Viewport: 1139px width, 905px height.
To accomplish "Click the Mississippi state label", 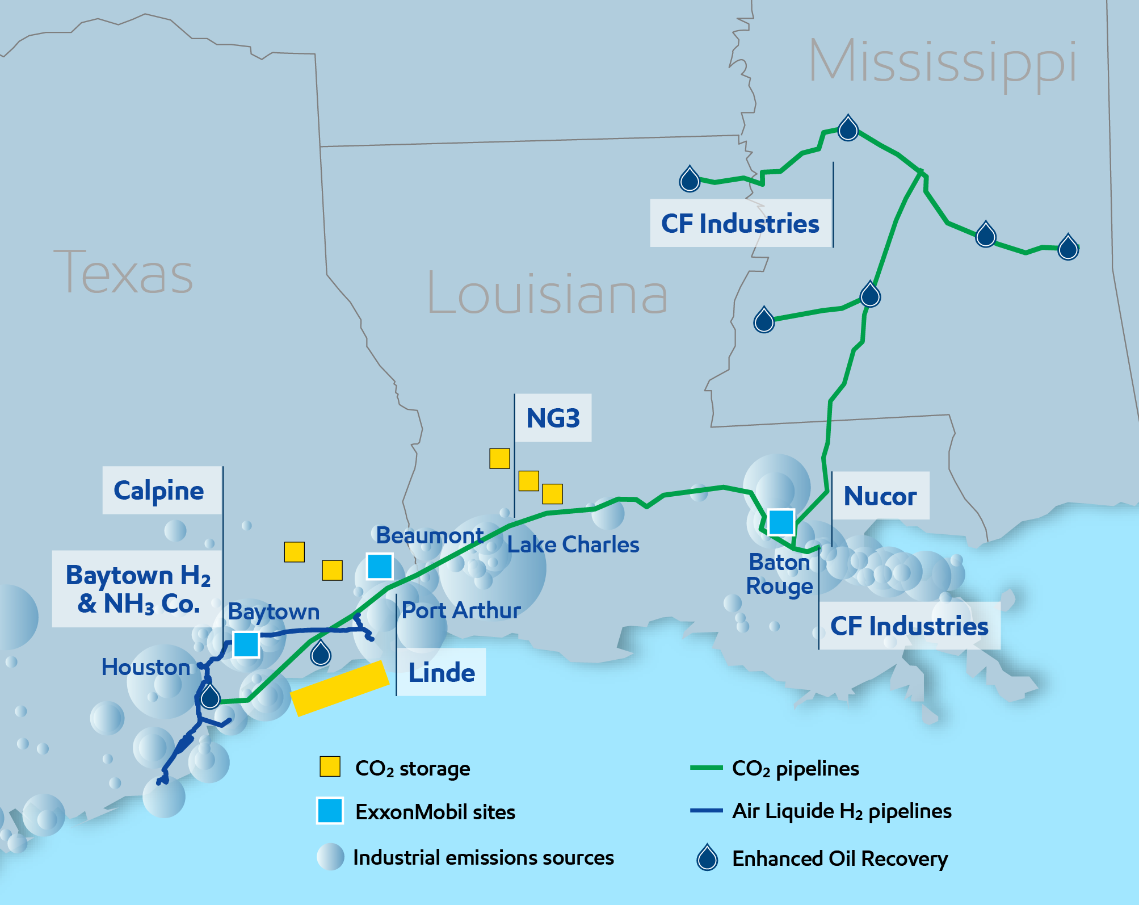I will (942, 61).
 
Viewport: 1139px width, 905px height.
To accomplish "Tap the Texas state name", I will (123, 273).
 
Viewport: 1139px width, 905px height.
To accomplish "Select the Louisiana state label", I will (547, 293).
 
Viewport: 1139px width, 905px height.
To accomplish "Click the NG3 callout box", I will (553, 418).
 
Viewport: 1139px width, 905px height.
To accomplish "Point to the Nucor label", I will (880, 496).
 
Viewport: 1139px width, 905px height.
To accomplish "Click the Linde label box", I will (442, 672).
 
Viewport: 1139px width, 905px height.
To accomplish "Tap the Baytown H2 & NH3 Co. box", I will (137, 589).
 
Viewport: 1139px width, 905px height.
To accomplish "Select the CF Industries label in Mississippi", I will (740, 223).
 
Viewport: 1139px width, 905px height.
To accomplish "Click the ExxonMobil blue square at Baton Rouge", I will (781, 522).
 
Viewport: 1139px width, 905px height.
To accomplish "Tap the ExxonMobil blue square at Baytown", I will (246, 644).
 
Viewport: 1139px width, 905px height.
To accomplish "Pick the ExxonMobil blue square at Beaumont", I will (380, 566).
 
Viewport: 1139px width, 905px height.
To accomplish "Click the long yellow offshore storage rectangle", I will (339, 688).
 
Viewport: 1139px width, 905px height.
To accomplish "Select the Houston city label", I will (146, 667).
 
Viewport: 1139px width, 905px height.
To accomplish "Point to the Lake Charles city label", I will (573, 544).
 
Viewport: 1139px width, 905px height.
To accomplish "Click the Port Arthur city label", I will (461, 610).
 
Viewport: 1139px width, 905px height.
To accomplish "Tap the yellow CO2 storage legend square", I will (330, 766).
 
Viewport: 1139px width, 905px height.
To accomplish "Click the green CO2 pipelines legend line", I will (706, 768).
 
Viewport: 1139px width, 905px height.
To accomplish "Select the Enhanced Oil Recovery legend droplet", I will (707, 858).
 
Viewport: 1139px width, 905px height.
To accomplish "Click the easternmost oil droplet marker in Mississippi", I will (1068, 248).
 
